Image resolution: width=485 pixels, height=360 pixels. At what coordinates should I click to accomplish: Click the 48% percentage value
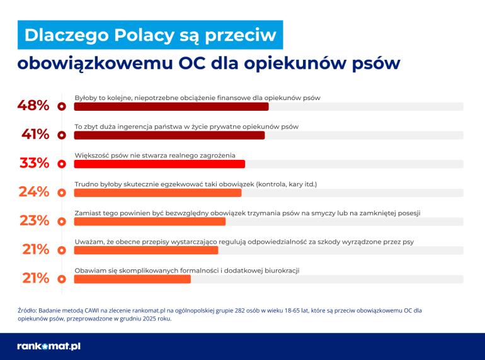(x=33, y=106)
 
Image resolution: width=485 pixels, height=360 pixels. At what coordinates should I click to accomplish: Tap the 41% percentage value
(x=35, y=135)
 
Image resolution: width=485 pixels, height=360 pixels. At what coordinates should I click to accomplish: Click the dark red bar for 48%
(x=171, y=106)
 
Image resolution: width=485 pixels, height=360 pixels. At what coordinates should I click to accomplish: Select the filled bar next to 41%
(x=169, y=135)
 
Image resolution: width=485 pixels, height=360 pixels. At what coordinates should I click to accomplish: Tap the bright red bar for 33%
(x=159, y=164)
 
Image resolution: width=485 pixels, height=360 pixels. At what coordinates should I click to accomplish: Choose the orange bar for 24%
(x=157, y=193)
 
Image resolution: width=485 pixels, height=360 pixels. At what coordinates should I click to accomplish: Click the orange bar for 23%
(x=150, y=222)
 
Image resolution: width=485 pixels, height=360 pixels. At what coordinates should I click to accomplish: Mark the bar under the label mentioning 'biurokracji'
(x=132, y=279)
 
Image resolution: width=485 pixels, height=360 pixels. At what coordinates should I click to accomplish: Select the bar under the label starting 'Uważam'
(x=146, y=250)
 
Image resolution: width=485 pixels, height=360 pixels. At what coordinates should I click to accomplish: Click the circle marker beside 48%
(x=62, y=106)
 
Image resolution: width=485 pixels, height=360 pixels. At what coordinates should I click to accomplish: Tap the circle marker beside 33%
(x=62, y=164)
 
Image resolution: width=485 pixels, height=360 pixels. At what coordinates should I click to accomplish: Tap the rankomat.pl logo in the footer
(x=48, y=346)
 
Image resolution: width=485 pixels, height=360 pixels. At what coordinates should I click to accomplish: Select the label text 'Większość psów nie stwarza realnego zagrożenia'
(x=154, y=155)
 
